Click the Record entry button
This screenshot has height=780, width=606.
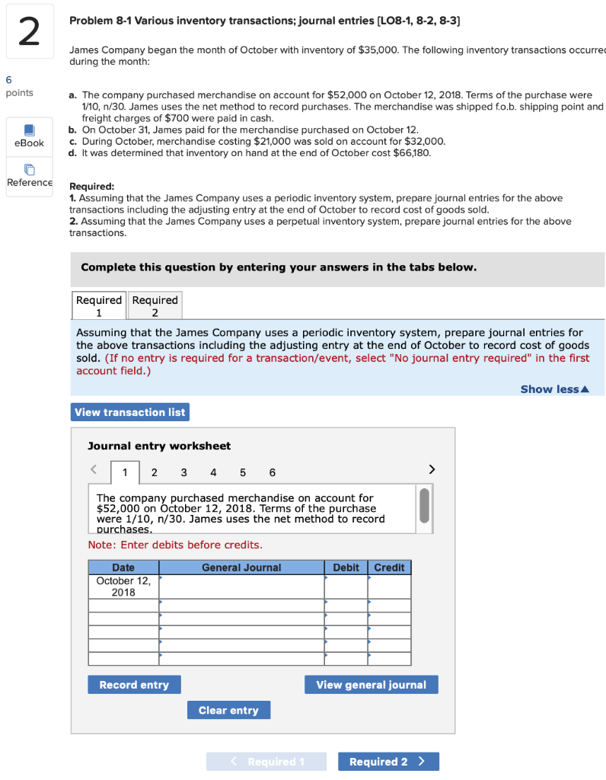pos(134,685)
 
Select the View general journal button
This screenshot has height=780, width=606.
pos(371,685)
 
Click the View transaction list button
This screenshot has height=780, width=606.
pos(129,412)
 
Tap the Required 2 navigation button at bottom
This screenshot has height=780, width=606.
pos(388,762)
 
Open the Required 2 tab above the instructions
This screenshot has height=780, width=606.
pos(155,305)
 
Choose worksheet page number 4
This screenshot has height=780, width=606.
pos(212,472)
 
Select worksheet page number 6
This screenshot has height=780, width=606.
pos(272,472)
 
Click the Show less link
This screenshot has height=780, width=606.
pos(554,389)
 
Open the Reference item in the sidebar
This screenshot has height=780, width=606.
pos(29,176)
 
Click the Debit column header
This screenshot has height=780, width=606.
pos(346,567)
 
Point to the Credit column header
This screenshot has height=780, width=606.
pos(389,567)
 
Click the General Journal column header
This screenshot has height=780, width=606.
pos(241,567)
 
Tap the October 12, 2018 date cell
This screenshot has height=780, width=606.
pos(123,587)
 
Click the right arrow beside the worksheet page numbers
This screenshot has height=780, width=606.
pos(432,469)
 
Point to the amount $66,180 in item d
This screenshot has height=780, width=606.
pos(413,153)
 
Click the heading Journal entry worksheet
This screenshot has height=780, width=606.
pos(159,446)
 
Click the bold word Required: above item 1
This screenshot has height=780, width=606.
pos(92,186)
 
